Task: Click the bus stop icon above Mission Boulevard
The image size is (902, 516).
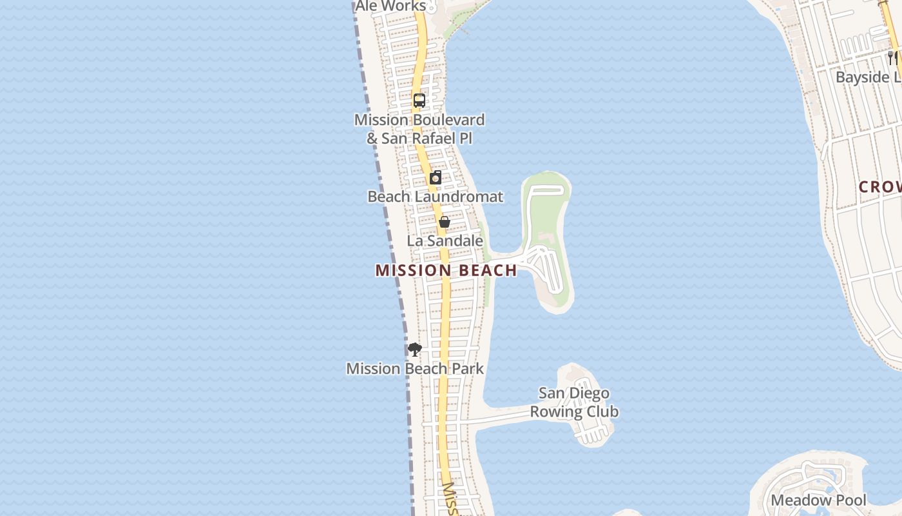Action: click(x=419, y=101)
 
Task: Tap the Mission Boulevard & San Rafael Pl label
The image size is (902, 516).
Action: click(x=419, y=129)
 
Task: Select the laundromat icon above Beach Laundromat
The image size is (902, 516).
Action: click(x=436, y=178)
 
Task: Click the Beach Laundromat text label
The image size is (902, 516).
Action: click(x=435, y=197)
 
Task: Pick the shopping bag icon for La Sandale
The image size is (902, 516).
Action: click(x=445, y=223)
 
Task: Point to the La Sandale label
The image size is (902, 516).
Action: click(x=445, y=241)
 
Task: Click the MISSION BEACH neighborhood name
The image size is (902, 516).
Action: click(x=446, y=270)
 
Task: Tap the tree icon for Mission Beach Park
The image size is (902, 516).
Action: click(x=415, y=350)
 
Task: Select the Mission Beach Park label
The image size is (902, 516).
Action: click(x=415, y=369)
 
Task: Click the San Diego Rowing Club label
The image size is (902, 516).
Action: click(x=574, y=402)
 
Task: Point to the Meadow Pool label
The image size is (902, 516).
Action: click(x=818, y=501)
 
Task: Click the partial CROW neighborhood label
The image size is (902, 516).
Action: click(x=880, y=187)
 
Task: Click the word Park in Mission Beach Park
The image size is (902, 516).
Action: click(x=468, y=369)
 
